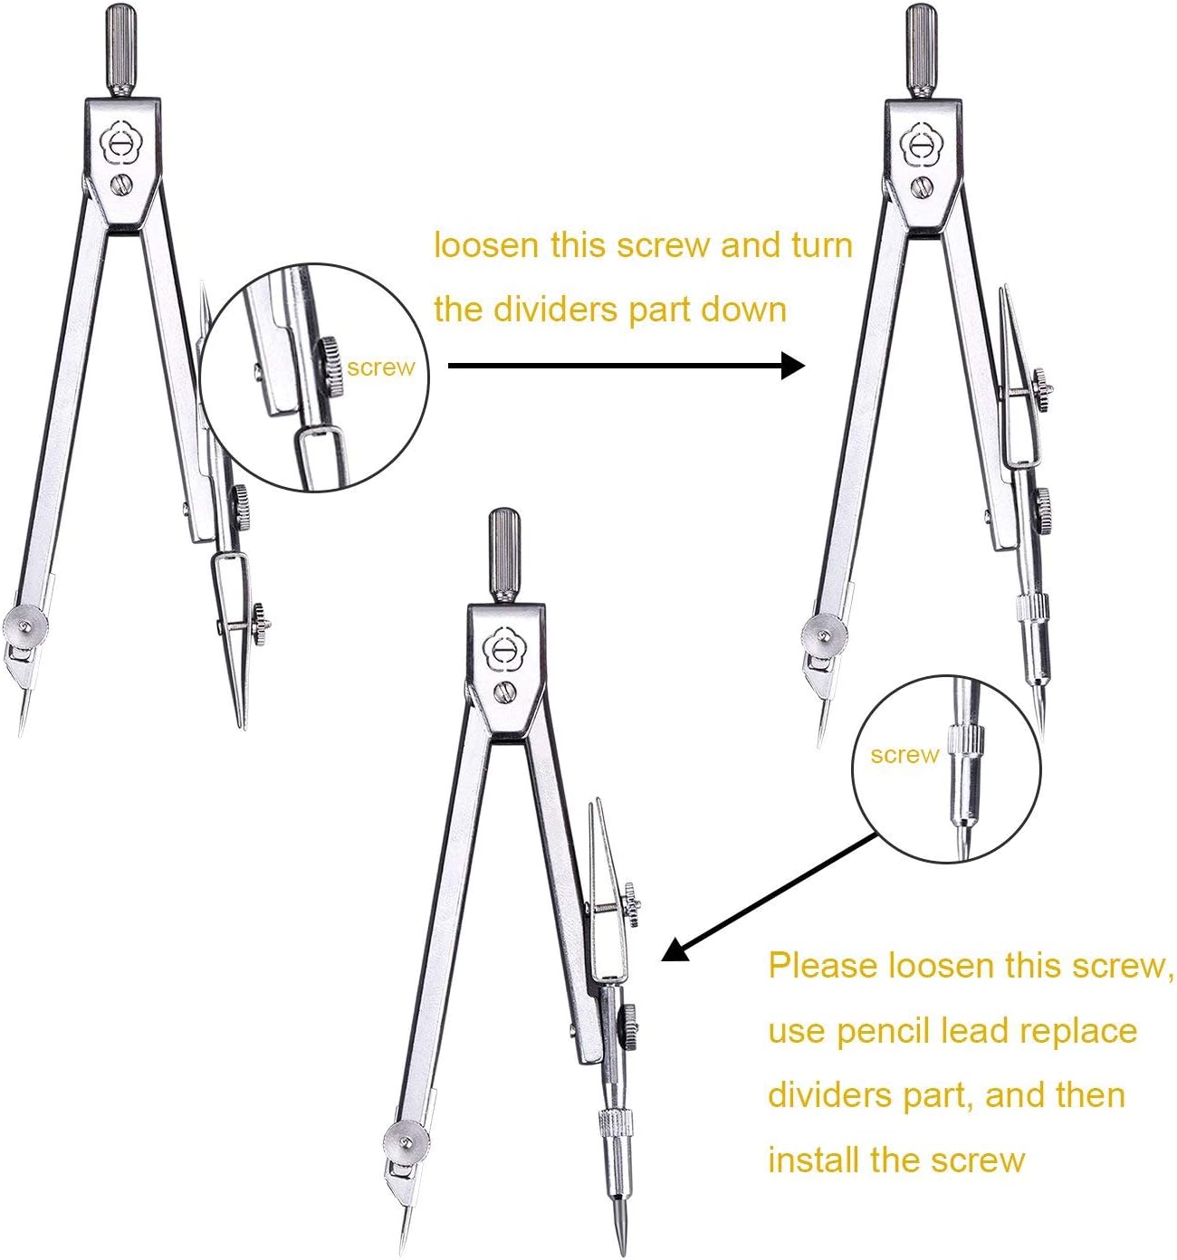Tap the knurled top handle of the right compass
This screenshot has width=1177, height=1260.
click(x=922, y=49)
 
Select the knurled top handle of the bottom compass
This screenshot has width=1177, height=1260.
click(x=504, y=553)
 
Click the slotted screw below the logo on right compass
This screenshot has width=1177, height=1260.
click(x=921, y=186)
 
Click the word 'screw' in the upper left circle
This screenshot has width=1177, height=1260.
click(x=380, y=367)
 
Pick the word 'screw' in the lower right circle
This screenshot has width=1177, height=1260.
click(x=904, y=755)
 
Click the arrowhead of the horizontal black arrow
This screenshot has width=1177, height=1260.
click(x=792, y=366)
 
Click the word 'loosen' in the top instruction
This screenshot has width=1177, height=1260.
click(x=485, y=245)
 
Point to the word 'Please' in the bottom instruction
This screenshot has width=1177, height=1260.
click(x=822, y=966)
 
